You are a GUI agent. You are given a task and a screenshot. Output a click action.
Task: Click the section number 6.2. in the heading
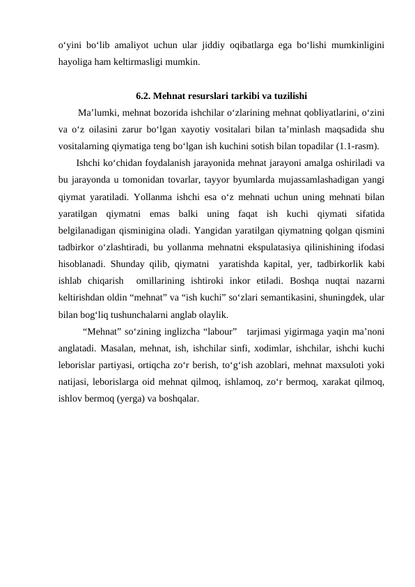tap(143, 96)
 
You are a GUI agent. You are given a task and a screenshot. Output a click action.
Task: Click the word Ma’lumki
tap(99, 112)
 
